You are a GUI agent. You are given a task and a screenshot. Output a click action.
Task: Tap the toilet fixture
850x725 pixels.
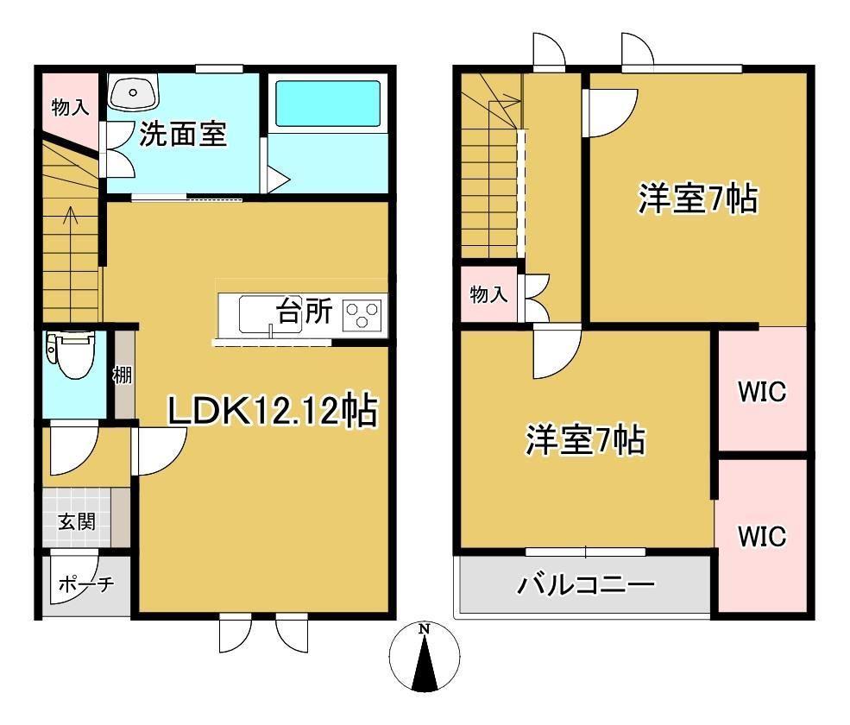tap(69, 354)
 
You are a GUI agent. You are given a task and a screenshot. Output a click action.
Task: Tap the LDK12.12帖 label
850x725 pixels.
tap(271, 412)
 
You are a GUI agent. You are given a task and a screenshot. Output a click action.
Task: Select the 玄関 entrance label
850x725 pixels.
tap(77, 521)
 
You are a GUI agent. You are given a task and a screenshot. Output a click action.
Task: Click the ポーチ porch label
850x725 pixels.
tap(85, 584)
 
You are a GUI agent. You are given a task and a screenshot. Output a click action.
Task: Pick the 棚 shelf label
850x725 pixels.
tap(122, 375)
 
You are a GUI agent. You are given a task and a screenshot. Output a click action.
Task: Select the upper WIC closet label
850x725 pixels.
tap(761, 392)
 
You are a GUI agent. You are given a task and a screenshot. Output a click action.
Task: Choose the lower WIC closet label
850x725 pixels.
tap(761, 536)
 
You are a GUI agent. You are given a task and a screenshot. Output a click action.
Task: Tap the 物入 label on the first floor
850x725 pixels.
tap(69, 108)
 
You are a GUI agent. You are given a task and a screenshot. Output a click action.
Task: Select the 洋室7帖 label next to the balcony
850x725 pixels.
tap(585, 441)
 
